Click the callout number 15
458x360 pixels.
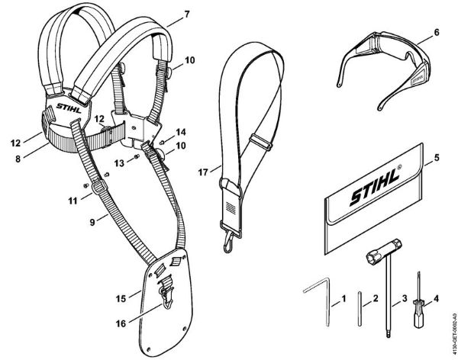click(x=120, y=290)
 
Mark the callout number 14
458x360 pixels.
click(x=180, y=132)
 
